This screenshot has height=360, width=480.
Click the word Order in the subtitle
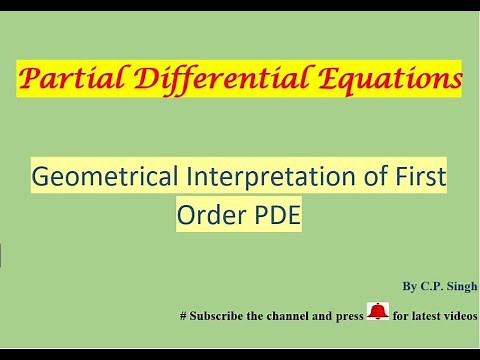[202, 214]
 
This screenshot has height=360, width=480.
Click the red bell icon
[377, 312]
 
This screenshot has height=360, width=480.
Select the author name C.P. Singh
[448, 286]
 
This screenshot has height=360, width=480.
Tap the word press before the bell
[347, 316]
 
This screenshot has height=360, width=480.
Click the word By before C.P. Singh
[409, 286]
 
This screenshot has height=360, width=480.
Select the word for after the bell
[400, 316]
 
